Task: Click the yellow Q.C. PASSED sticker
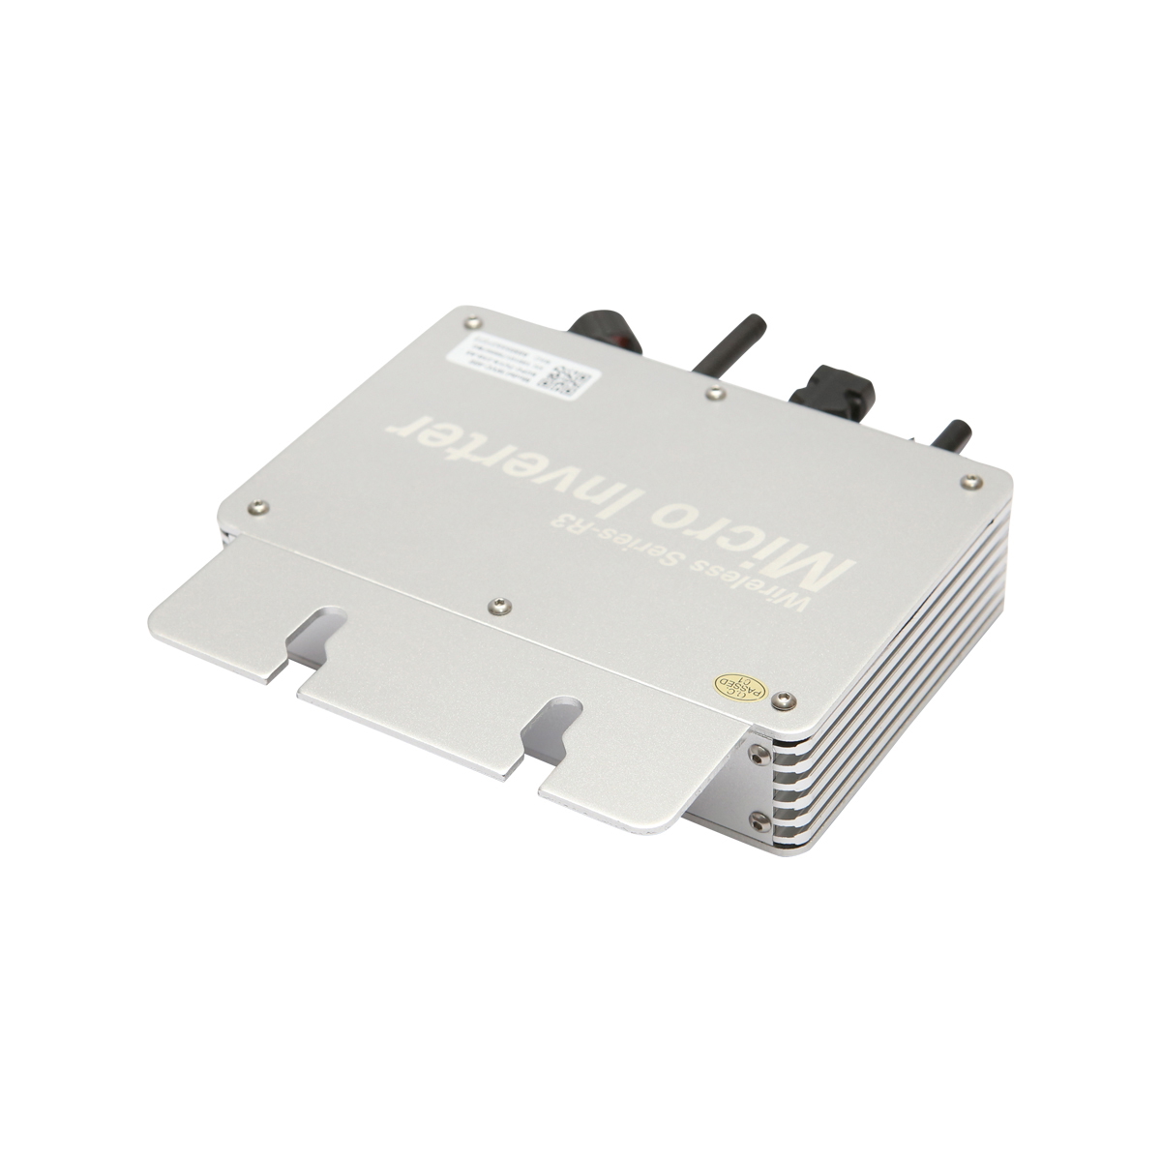733,685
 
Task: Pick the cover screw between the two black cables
714,393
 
